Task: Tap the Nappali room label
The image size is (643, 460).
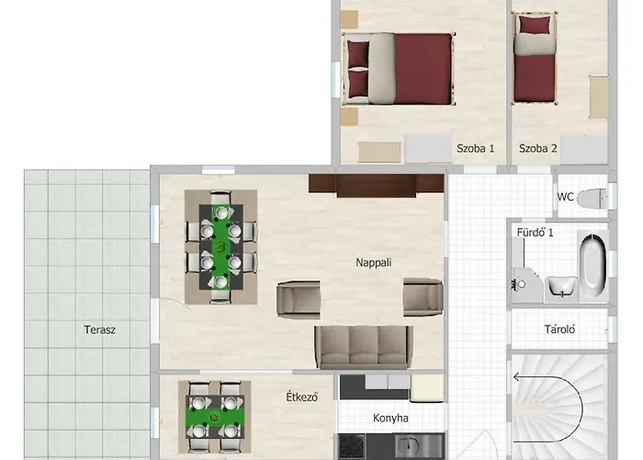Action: (x=374, y=262)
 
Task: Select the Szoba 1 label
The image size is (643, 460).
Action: (x=476, y=148)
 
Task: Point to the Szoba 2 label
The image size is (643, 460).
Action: (x=538, y=148)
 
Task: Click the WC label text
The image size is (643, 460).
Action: (x=566, y=197)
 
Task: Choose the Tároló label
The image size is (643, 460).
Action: (x=559, y=328)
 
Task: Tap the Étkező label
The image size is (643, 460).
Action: (x=301, y=397)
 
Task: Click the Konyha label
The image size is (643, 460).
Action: (x=390, y=419)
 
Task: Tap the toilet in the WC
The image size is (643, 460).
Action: (x=595, y=197)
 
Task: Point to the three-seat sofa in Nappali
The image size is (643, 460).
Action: (x=361, y=346)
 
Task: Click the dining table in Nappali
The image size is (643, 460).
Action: (x=220, y=246)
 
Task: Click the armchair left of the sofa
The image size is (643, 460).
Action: (x=299, y=298)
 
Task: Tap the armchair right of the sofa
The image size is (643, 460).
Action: (x=423, y=297)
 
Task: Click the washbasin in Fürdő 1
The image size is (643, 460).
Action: (x=561, y=287)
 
